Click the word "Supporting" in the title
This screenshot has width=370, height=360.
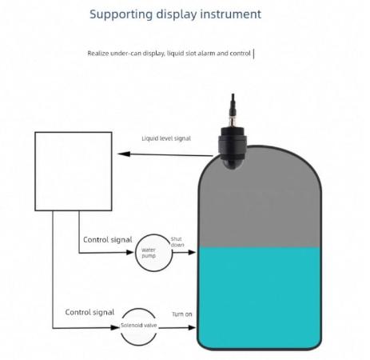[121, 14]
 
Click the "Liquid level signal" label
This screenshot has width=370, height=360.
[166, 138]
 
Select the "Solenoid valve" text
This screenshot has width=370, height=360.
[138, 326]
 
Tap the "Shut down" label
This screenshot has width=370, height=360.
[177, 242]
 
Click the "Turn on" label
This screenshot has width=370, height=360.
[182, 314]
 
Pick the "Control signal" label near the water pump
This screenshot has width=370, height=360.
[108, 240]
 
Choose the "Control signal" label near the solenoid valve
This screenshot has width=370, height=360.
[90, 312]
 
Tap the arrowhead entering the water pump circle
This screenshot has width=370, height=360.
[130, 252]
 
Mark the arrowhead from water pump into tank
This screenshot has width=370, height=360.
[192, 252]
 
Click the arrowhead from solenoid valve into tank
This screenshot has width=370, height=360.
[192, 327]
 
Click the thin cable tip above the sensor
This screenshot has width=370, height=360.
[233, 94]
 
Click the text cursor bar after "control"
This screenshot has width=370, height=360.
[254, 54]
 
